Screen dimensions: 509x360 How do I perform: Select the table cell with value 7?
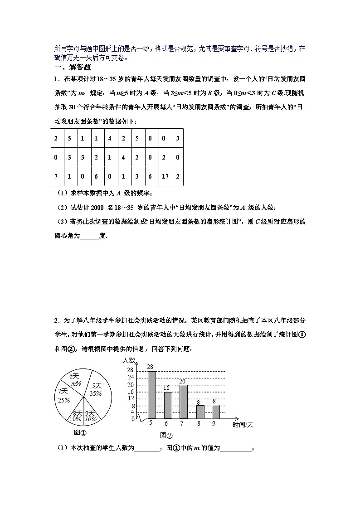click(x=56, y=176)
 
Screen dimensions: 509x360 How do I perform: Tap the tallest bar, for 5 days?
click(x=152, y=395)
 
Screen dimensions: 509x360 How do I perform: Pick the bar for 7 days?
click(x=184, y=402)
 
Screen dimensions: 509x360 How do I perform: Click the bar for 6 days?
click(x=168, y=405)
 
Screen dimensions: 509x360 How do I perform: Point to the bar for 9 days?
click(x=215, y=412)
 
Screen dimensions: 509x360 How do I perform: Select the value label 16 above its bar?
click(x=167, y=388)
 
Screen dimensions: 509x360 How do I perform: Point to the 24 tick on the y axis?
click(x=131, y=378)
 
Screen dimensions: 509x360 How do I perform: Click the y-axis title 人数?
click(x=129, y=360)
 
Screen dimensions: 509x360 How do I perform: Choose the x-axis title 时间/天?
click(x=243, y=425)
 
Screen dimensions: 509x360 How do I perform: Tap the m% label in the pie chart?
click(x=76, y=383)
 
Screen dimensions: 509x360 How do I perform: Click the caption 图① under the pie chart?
click(x=80, y=432)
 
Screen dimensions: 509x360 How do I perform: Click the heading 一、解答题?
click(x=73, y=67)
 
